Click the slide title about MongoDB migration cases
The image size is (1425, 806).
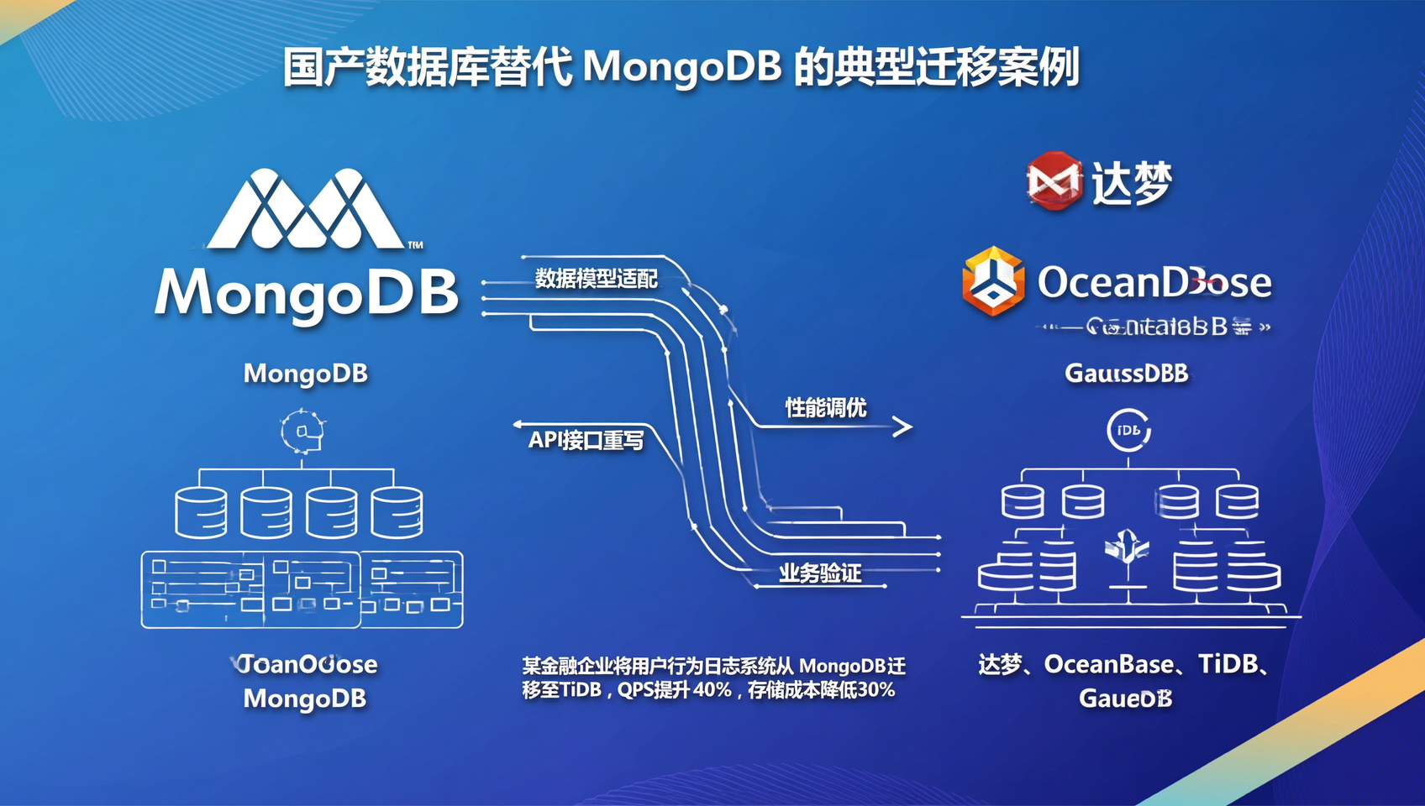tap(681, 67)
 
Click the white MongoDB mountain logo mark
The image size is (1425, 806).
tap(306, 210)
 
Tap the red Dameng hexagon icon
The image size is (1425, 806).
tap(1054, 181)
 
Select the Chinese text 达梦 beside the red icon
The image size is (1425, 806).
tap(1131, 183)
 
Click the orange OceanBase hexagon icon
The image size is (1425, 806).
tap(993, 281)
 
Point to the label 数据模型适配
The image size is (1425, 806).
tap(596, 279)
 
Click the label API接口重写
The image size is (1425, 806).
tap(586, 440)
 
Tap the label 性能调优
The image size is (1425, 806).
tap(825, 408)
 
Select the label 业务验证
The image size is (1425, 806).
tap(819, 573)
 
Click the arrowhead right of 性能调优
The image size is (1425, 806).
tap(902, 427)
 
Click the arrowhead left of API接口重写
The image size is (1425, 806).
tap(518, 425)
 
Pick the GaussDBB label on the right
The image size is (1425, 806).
tap(1126, 373)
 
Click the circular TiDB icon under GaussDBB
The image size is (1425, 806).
tap(1128, 431)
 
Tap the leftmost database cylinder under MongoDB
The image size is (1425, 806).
tap(201, 512)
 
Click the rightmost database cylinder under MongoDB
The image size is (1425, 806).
tap(397, 512)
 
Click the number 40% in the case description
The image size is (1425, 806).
tap(712, 690)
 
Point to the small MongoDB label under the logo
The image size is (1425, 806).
tap(306, 373)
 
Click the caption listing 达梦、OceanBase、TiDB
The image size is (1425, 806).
tap(1126, 665)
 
